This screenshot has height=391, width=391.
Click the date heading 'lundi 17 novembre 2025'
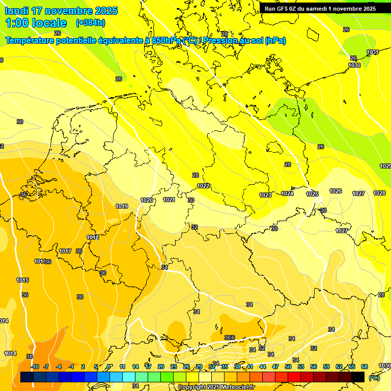pyautogui.click(x=61, y=11)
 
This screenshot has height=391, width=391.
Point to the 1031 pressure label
pyautogui.click(x=373, y=52)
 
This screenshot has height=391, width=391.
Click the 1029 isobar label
pyautogui.click(x=385, y=166)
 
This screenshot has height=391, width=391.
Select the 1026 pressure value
pyautogui.click(x=336, y=191)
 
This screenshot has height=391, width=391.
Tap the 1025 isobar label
pyautogui.click(x=312, y=194)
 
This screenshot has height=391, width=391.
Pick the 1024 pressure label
pyautogui.click(x=287, y=193)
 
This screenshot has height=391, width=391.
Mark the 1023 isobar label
pyautogui.click(x=265, y=195)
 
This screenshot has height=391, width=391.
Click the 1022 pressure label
pyautogui.click(x=204, y=186)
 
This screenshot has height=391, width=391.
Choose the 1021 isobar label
pyautogui.click(x=169, y=200)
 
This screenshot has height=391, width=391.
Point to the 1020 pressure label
pyautogui.click(x=147, y=200)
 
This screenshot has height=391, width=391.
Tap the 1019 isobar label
pyautogui.click(x=122, y=206)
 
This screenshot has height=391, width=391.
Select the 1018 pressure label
pyautogui.click(x=93, y=237)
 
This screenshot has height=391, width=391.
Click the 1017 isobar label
pyautogui.click(x=65, y=251)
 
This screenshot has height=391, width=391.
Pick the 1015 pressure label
pyautogui.click(x=22, y=280)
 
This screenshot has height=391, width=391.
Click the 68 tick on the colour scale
pyautogui.click(x=364, y=367)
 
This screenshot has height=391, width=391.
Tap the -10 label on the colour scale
pyautogui.click(x=35, y=367)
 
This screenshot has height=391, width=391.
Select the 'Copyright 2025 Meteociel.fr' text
pyautogui.click(x=216, y=387)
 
